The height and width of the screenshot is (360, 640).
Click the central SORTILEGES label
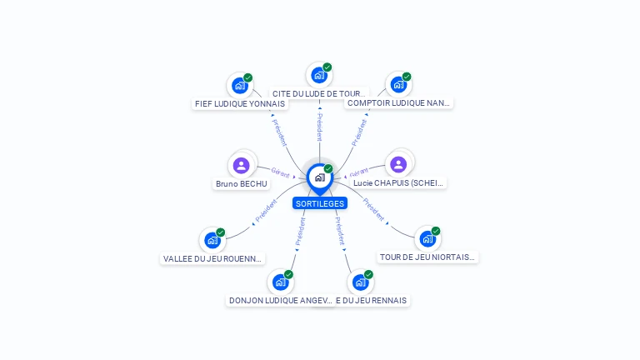320,203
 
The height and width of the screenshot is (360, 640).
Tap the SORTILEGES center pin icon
319,177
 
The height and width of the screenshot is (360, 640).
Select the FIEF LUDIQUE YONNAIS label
239,104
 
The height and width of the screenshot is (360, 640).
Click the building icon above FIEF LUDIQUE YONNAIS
240,85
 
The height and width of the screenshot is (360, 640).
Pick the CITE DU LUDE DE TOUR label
319,93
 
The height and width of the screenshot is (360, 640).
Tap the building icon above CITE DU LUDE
318,75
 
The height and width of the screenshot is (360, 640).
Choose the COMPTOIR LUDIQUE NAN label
398,103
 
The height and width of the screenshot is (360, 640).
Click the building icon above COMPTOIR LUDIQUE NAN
398,84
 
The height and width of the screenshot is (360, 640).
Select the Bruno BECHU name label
241,183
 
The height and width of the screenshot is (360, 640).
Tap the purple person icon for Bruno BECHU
242,165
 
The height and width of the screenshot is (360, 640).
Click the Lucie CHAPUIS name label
398,182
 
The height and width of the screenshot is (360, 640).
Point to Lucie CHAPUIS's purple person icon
398,164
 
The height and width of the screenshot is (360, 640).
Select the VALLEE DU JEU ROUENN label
213,258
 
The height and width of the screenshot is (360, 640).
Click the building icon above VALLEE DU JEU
212,241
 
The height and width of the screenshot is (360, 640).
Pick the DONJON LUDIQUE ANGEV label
280,300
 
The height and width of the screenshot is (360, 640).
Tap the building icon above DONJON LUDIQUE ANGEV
280,282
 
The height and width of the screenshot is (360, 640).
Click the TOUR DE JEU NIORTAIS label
427,257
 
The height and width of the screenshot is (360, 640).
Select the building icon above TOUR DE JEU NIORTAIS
427,239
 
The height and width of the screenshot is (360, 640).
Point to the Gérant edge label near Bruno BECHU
280,172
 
